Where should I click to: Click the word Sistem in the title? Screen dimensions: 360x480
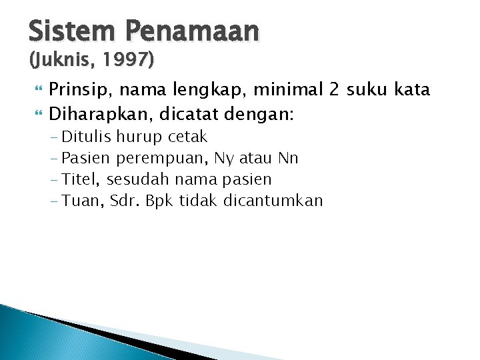click(x=63, y=31)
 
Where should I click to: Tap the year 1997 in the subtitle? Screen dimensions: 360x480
click(x=127, y=61)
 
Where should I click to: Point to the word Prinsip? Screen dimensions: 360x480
click(x=79, y=89)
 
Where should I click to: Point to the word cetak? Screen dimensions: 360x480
click(x=187, y=137)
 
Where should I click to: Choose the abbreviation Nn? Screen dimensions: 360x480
click(x=289, y=158)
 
